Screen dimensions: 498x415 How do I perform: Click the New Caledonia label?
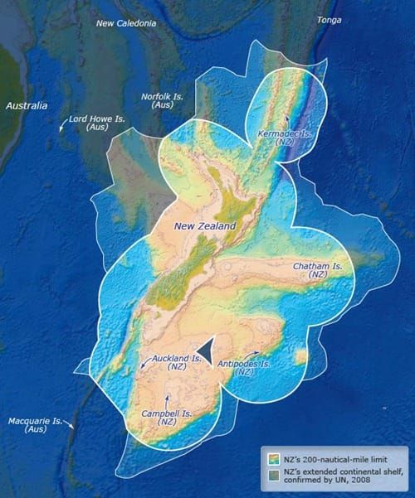pyautogui.click(x=126, y=23)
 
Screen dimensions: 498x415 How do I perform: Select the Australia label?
pyautogui.click(x=27, y=106)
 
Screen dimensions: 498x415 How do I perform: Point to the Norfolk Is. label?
pyautogui.click(x=162, y=101)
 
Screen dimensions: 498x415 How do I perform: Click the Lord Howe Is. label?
pyautogui.click(x=97, y=123)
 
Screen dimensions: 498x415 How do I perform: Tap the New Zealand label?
pyautogui.click(x=205, y=225)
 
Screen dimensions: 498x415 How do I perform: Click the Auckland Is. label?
pyautogui.click(x=178, y=362)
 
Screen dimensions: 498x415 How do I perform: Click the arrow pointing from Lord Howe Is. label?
pyautogui.click(x=63, y=127)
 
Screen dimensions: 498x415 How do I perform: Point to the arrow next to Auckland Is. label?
pyautogui.click(x=147, y=361)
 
